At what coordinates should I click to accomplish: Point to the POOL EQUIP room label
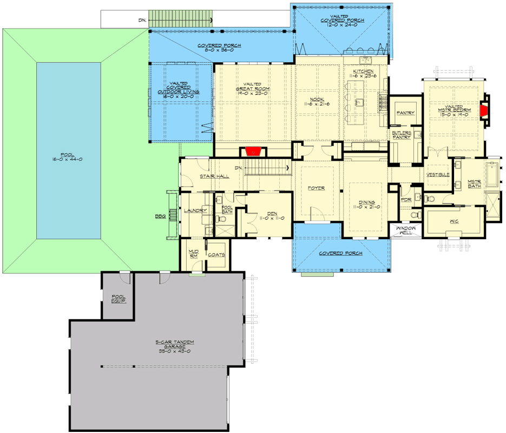pyautogui.click(x=119, y=299)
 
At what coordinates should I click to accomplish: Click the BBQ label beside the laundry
pyautogui.click(x=160, y=216)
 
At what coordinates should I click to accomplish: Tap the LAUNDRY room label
pyautogui.click(x=195, y=211)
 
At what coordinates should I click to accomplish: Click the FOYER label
pyautogui.click(x=317, y=188)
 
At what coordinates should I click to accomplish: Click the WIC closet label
pyautogui.click(x=454, y=221)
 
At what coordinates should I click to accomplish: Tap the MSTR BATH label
pyautogui.click(x=474, y=184)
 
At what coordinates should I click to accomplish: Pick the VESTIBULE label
pyautogui.click(x=438, y=175)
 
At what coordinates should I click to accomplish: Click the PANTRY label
pyautogui.click(x=405, y=113)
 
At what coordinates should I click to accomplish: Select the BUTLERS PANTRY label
pyautogui.click(x=402, y=135)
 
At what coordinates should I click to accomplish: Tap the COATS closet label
pyautogui.click(x=216, y=254)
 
